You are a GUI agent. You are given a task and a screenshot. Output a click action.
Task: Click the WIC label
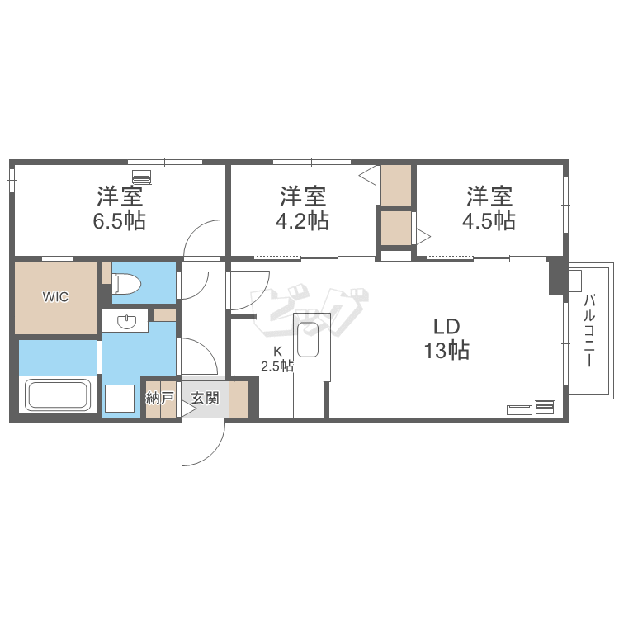(x=55, y=296)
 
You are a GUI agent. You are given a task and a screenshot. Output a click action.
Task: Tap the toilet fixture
(x=126, y=283)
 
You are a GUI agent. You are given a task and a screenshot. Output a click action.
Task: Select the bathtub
(x=58, y=395)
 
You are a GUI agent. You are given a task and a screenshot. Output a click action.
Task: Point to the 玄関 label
(x=205, y=398)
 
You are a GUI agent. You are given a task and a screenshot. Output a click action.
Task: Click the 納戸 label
(x=160, y=398)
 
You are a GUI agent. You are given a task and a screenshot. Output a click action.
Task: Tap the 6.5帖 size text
(x=119, y=221)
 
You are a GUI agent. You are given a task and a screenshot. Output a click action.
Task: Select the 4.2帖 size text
(x=302, y=221)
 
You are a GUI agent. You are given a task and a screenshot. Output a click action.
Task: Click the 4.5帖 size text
(x=489, y=221)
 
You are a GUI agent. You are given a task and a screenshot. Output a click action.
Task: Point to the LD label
(x=447, y=327)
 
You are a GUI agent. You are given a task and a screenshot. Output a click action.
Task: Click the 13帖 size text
(x=447, y=350)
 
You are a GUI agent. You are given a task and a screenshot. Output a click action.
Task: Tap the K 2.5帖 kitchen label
(x=277, y=359)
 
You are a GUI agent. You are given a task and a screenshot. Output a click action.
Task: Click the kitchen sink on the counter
(x=308, y=340)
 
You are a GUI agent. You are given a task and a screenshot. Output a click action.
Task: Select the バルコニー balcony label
(x=590, y=330)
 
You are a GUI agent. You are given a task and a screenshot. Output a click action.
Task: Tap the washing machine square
(x=120, y=399)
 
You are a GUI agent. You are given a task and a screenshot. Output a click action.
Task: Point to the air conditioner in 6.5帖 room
(x=142, y=177)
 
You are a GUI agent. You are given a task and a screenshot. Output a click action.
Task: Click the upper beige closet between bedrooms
(x=396, y=185)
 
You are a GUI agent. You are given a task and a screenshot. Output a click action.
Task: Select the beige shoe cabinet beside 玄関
(x=239, y=399)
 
